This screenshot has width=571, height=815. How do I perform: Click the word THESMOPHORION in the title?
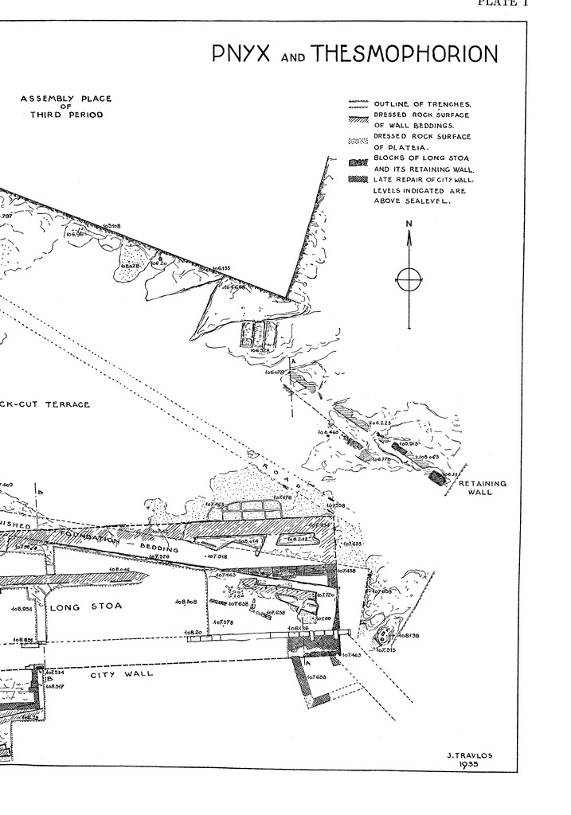pyautogui.click(x=405, y=54)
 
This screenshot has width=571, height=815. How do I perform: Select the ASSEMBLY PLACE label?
pyautogui.click(x=66, y=99)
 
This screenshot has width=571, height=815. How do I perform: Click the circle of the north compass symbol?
pyautogui.click(x=409, y=279)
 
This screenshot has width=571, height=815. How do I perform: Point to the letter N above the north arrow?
pyautogui.click(x=409, y=224)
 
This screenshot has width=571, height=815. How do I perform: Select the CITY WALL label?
pyautogui.click(x=121, y=674)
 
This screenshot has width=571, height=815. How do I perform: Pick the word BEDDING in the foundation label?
pyautogui.click(x=160, y=548)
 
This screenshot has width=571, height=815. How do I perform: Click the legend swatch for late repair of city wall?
pyautogui.click(x=358, y=180)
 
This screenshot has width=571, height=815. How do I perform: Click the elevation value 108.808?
pyautogui.click(x=186, y=602)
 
